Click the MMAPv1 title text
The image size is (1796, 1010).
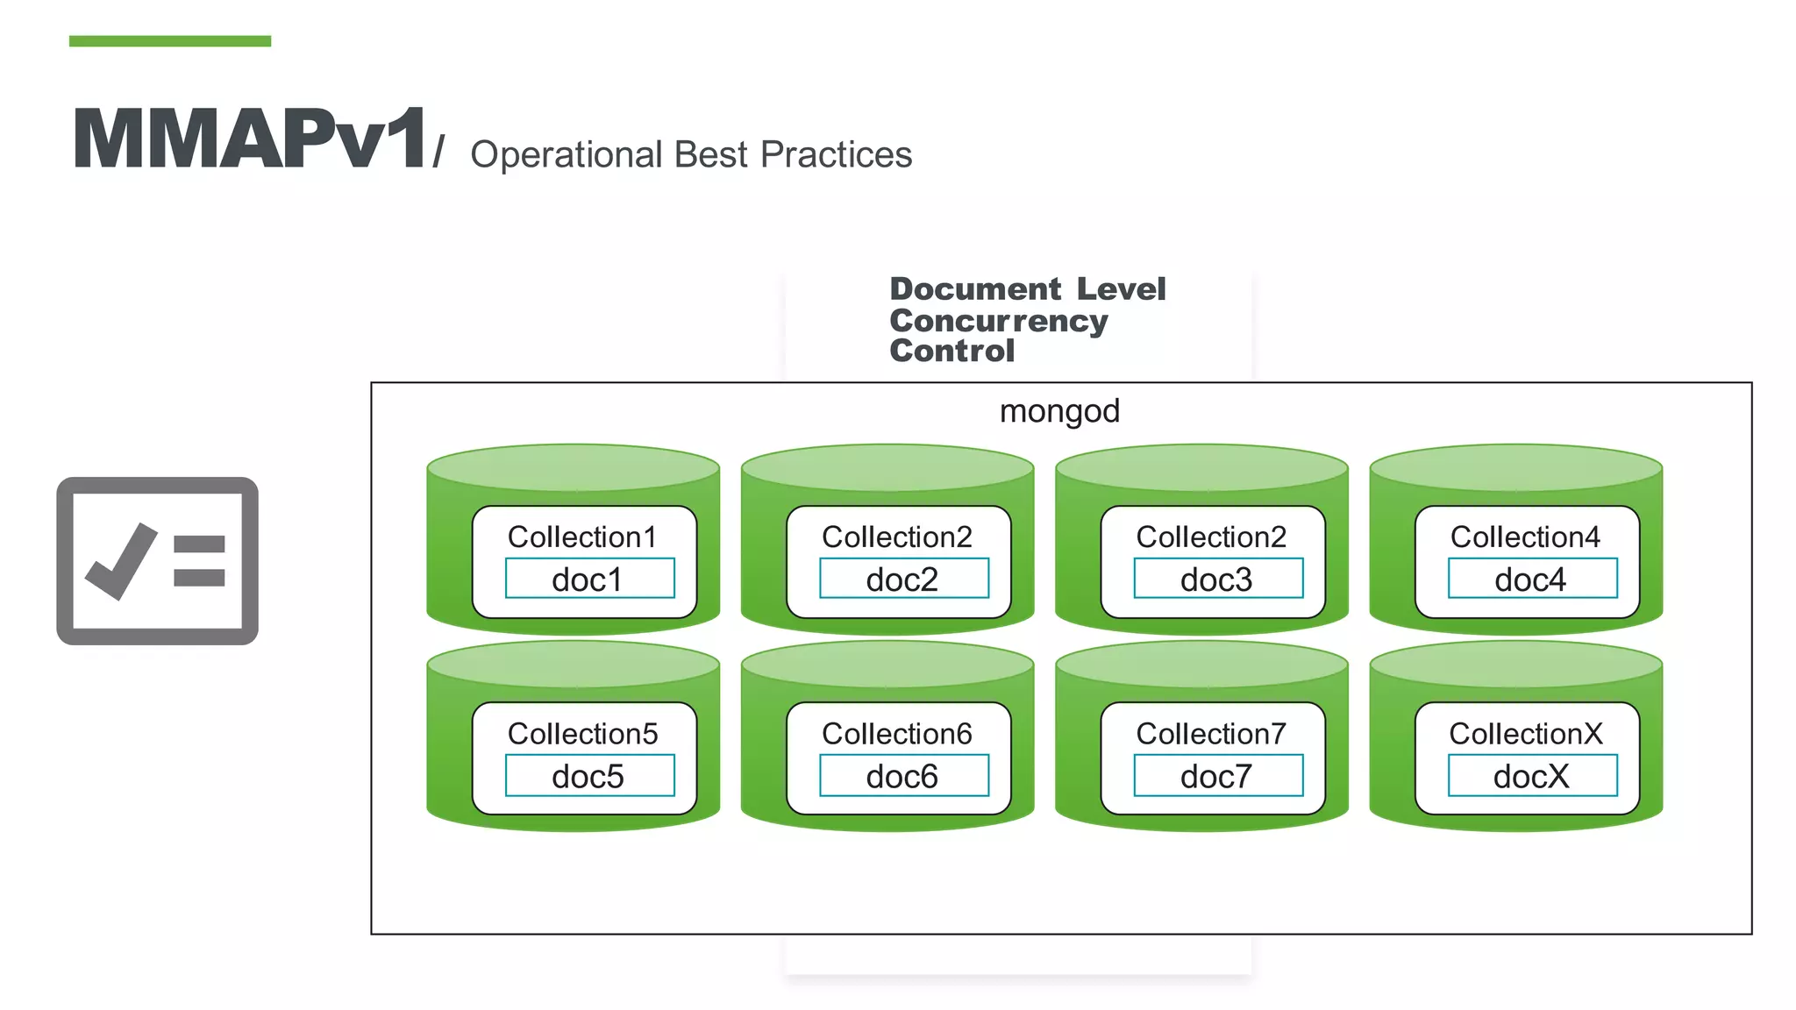tap(250, 139)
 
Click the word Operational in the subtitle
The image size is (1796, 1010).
tap(566, 155)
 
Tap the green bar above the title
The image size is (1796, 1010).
tap(169, 41)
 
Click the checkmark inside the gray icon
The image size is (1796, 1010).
tap(121, 562)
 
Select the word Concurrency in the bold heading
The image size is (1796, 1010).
tap(998, 321)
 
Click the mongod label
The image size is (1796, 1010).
tap(1059, 411)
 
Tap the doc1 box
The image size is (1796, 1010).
tap(589, 580)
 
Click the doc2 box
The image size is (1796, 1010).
tap(903, 580)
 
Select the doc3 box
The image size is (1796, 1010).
tap(1217, 580)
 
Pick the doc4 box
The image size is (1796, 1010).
tap(1531, 580)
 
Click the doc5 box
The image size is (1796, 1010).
tap(589, 776)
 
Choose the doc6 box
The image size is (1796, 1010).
tap(903, 776)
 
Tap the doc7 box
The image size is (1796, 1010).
tap(1217, 776)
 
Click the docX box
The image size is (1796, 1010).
tap(1531, 776)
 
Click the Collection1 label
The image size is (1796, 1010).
tap(582, 537)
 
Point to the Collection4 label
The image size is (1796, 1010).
tap(1525, 537)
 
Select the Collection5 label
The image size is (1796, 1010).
tap(582, 734)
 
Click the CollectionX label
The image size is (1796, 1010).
tap(1525, 734)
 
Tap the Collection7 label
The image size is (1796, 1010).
tap(1211, 734)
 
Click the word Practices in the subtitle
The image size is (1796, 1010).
tap(836, 155)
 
